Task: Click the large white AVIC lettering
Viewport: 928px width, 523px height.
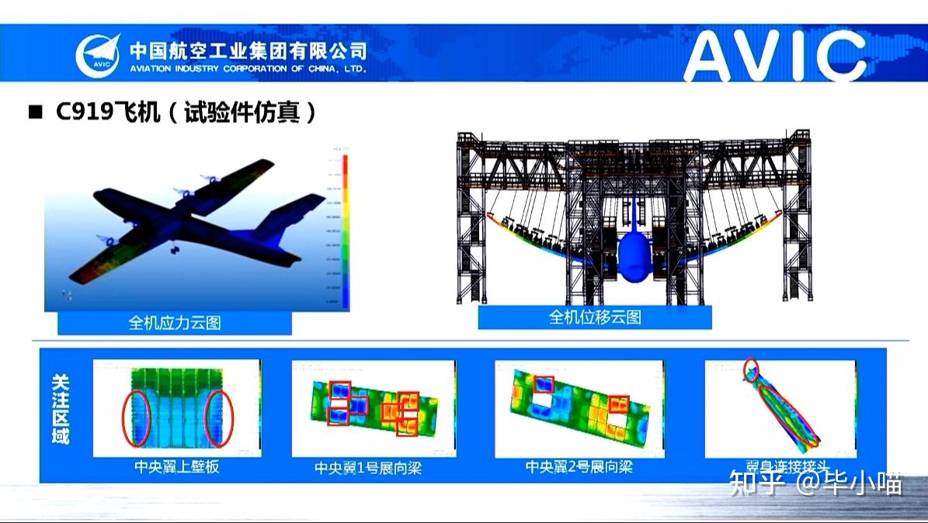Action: tap(774, 57)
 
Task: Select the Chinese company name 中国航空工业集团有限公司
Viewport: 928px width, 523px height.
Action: tap(247, 50)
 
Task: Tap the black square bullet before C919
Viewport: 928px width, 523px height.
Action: tap(34, 113)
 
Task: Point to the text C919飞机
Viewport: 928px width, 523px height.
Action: tap(108, 113)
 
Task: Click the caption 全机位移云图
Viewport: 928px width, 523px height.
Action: tap(595, 317)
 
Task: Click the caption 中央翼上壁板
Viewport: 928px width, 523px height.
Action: tap(176, 468)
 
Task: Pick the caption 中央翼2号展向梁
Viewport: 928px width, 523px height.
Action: tap(579, 467)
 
